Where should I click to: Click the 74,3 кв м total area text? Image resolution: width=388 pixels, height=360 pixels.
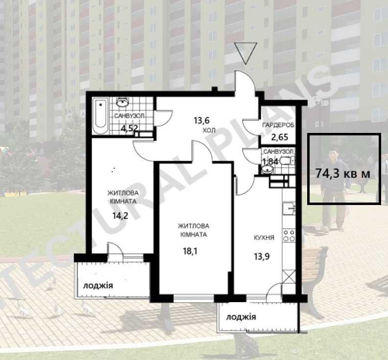click(343, 174)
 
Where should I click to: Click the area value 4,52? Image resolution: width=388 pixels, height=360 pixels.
click(129, 128)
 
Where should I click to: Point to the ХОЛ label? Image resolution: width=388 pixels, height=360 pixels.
click(209, 130)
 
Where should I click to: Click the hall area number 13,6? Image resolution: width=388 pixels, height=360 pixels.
click(202, 121)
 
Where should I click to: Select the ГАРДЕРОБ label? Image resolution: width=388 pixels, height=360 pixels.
click(278, 125)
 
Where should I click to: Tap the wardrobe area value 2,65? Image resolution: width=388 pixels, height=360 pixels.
click(280, 137)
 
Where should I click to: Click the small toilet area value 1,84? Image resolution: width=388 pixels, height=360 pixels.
click(270, 161)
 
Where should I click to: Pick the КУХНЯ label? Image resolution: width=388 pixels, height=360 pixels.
click(264, 237)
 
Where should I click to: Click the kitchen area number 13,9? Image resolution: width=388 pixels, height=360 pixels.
click(262, 257)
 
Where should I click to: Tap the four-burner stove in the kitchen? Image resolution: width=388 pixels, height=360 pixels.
click(289, 235)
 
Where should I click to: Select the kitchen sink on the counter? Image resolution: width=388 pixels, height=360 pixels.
click(289, 209)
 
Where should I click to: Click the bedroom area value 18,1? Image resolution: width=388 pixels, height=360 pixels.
click(190, 251)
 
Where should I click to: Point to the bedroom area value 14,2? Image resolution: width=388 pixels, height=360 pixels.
click(120, 215)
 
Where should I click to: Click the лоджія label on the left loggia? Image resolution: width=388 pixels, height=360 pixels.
click(98, 285)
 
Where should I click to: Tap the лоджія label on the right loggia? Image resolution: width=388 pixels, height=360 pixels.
click(241, 317)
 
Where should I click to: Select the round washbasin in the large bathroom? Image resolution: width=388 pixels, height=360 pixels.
click(123, 102)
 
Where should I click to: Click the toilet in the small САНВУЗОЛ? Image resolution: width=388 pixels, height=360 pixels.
click(288, 161)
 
